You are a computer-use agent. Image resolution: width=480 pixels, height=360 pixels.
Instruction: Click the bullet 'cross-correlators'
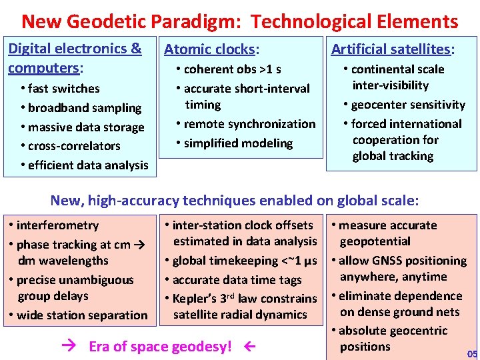(x=70, y=146)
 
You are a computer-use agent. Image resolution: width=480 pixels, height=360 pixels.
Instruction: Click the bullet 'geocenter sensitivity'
(x=405, y=105)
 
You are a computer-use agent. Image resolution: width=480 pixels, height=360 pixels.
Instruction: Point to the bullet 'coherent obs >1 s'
(x=229, y=69)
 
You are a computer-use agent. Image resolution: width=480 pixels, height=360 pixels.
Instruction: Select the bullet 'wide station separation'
(x=79, y=315)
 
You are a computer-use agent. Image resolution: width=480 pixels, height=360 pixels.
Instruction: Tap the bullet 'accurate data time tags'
(x=237, y=280)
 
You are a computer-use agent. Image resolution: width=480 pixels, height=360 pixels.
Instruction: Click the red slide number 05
(x=472, y=353)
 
